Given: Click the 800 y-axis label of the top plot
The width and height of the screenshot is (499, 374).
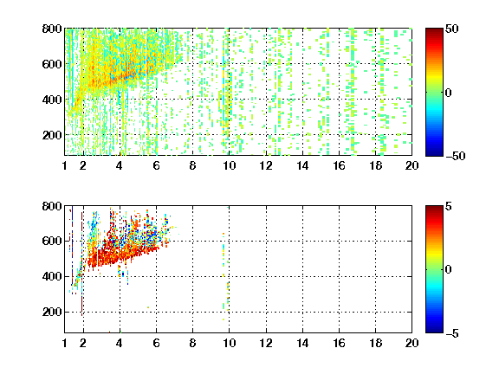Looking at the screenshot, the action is click(x=52, y=29).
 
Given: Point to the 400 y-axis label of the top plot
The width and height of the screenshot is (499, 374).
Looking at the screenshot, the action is click(x=52, y=100).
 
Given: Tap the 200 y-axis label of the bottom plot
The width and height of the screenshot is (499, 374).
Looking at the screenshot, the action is click(x=52, y=312).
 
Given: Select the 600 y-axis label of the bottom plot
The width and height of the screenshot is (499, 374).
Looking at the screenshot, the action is click(x=52, y=241).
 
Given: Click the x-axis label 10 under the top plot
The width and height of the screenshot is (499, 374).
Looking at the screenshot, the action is click(x=229, y=165).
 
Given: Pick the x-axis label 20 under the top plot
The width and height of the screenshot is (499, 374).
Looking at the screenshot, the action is click(x=412, y=165).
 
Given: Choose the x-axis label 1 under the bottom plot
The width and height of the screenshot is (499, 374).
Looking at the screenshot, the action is click(x=65, y=343).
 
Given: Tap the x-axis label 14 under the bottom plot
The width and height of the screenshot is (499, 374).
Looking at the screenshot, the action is click(x=302, y=343).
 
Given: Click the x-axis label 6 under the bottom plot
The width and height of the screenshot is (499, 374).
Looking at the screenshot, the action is click(x=156, y=343).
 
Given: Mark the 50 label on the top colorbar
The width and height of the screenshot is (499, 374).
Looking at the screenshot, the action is click(x=451, y=29).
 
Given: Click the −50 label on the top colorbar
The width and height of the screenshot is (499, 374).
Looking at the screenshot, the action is click(x=456, y=156).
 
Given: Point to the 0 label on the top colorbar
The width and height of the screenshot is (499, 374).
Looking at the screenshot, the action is click(x=448, y=93).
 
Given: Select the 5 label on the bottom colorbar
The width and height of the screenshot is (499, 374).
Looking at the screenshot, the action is click(x=448, y=206).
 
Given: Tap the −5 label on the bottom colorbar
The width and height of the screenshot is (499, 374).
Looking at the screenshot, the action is click(x=452, y=333).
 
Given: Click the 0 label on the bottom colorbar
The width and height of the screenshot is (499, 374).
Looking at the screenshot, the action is click(x=448, y=270).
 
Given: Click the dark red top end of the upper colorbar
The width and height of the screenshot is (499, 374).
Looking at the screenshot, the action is click(x=434, y=30).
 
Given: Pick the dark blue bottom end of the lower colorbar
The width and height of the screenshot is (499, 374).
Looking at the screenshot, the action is click(x=434, y=331).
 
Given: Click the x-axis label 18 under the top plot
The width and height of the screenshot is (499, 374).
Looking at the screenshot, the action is click(x=375, y=165).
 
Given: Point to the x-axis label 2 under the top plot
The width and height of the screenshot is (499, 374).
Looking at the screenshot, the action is click(x=83, y=165).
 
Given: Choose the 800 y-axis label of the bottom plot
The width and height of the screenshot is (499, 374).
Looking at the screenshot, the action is click(x=52, y=206).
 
